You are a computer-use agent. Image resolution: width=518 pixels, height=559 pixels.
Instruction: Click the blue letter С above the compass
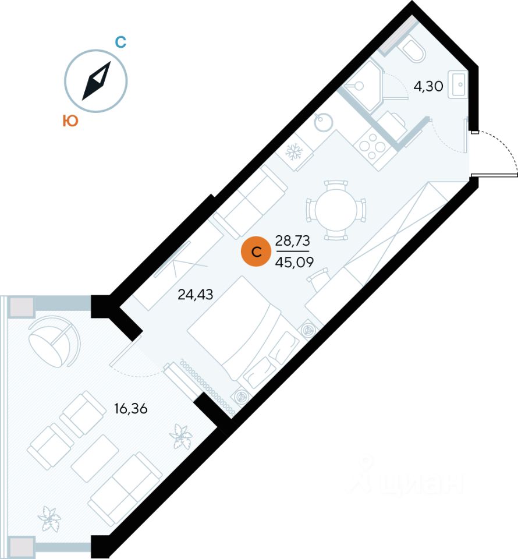[120, 42]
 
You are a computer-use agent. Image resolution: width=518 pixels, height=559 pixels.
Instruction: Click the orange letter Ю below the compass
[70, 121]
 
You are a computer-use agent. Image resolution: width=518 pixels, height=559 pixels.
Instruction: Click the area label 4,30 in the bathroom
[428, 86]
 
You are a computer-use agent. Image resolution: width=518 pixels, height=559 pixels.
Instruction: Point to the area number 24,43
[195, 295]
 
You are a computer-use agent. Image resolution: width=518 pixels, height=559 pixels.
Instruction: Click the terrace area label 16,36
[130, 408]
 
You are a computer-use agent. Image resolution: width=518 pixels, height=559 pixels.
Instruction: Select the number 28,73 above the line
[293, 241]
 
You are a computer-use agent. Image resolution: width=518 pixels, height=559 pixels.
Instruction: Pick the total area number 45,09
[295, 263]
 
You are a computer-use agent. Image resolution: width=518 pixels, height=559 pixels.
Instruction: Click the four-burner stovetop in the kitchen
[372, 146]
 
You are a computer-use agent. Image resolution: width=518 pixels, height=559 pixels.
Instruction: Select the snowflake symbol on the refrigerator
[294, 151]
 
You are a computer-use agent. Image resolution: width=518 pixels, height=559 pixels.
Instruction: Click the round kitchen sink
[324, 122]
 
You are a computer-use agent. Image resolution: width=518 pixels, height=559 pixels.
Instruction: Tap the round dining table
[336, 211]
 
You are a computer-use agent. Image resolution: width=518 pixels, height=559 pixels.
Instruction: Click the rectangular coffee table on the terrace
[95, 458]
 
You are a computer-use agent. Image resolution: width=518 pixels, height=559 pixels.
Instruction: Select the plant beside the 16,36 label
[182, 436]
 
